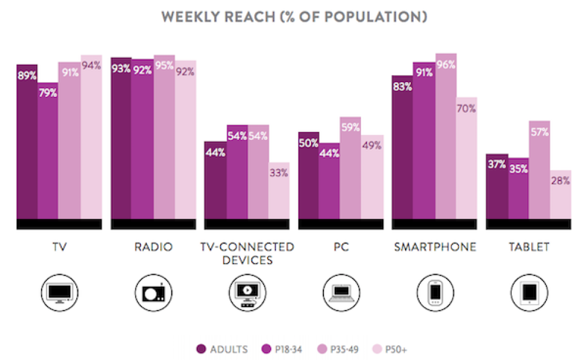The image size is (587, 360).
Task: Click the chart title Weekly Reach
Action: (x=293, y=16)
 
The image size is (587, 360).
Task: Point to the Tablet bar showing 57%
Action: (x=539, y=170)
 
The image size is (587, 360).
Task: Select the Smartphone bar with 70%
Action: (x=467, y=159)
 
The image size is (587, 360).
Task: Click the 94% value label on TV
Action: (x=92, y=65)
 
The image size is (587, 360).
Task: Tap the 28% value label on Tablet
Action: (x=560, y=181)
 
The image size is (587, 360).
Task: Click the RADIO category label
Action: (x=153, y=247)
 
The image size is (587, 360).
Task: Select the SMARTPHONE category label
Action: (x=435, y=247)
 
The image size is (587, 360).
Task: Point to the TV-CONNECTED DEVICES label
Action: (x=247, y=253)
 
